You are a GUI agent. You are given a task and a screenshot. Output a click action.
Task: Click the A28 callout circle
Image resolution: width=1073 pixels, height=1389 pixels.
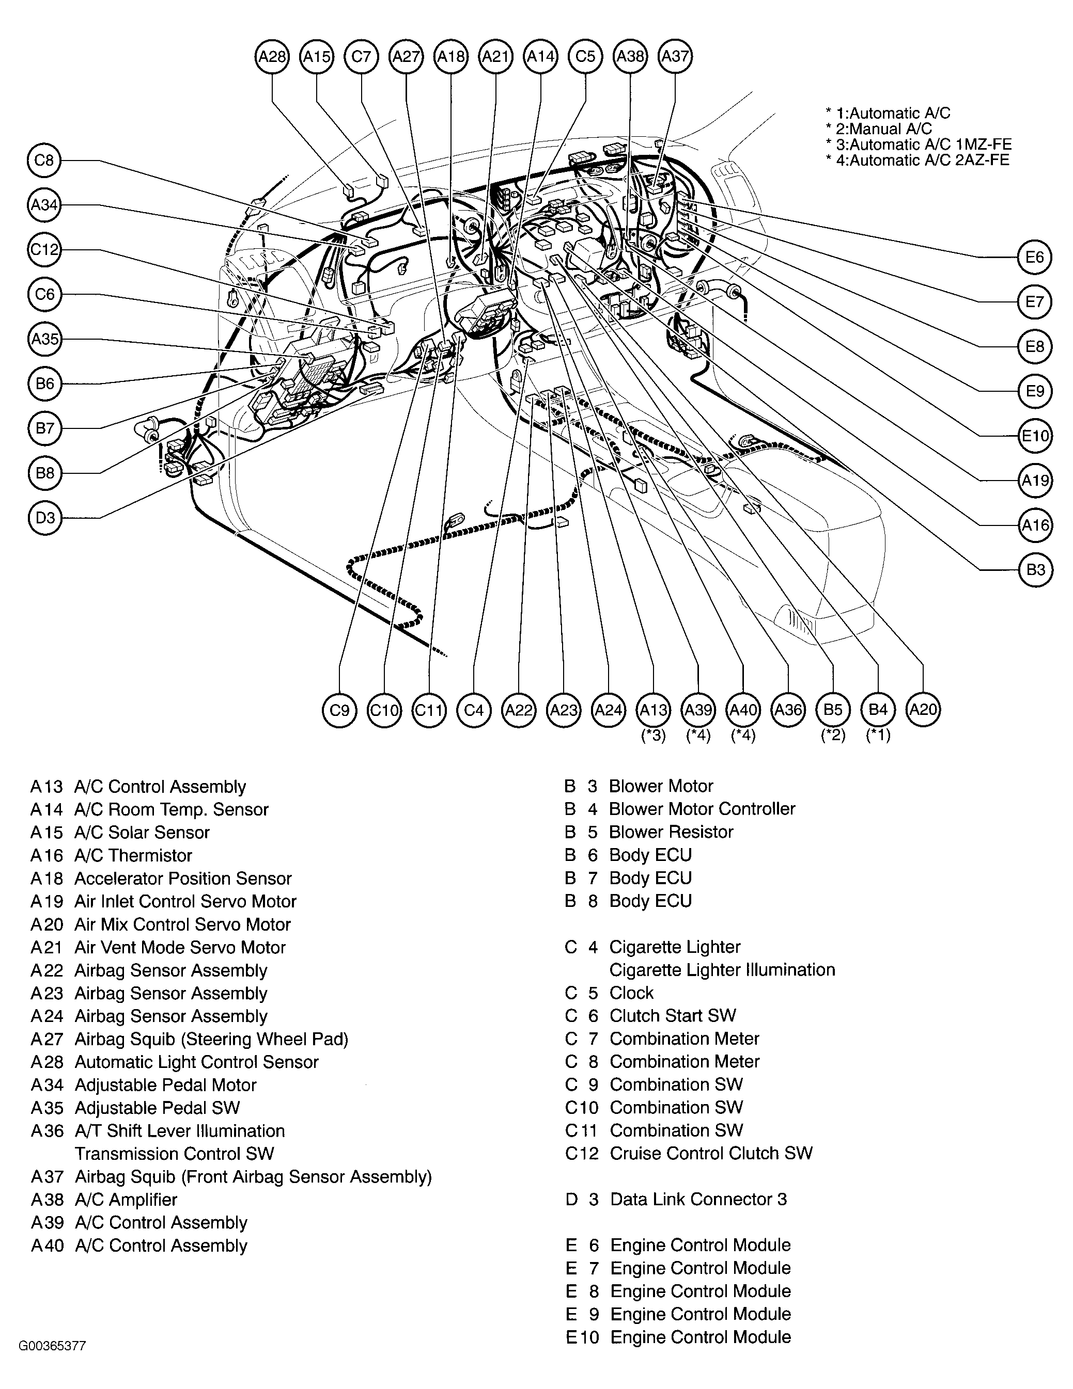pyautogui.click(x=272, y=57)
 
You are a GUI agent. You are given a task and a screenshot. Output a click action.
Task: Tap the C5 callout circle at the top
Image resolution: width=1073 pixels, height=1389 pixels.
pyautogui.click(x=585, y=57)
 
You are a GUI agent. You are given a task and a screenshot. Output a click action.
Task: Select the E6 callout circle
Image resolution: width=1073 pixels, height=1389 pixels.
pyautogui.click(x=1034, y=257)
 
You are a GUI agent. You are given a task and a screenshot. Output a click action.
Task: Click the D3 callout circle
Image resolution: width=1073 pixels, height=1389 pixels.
pyautogui.click(x=44, y=518)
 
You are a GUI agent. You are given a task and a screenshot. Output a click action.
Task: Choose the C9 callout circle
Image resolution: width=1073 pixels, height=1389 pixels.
pyautogui.click(x=339, y=710)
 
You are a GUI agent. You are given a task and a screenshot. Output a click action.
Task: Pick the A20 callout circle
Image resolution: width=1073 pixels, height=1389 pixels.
pyautogui.click(x=923, y=710)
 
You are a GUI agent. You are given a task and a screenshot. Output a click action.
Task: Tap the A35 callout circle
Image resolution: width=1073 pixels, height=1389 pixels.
pyautogui.click(x=44, y=339)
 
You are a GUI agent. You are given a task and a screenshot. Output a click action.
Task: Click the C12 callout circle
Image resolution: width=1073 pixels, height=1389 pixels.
pyautogui.click(x=44, y=249)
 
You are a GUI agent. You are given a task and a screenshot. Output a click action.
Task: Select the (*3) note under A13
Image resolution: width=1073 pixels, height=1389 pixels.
pyautogui.click(x=653, y=736)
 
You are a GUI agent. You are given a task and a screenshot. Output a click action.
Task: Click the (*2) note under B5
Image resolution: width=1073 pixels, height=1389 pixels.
pyautogui.click(x=832, y=736)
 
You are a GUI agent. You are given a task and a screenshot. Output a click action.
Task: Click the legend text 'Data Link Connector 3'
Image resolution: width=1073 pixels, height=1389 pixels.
pyautogui.click(x=698, y=1200)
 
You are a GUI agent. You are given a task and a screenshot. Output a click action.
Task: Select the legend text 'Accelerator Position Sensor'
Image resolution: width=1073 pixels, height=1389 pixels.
pyautogui.click(x=183, y=879)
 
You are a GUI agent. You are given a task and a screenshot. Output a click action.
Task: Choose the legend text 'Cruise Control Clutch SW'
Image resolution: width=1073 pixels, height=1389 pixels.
pyautogui.click(x=711, y=1153)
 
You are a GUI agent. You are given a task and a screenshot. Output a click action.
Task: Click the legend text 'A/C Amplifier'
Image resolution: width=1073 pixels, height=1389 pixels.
pyautogui.click(x=126, y=1200)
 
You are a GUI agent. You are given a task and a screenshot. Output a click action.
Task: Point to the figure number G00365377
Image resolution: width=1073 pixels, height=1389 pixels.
pyautogui.click(x=52, y=1346)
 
